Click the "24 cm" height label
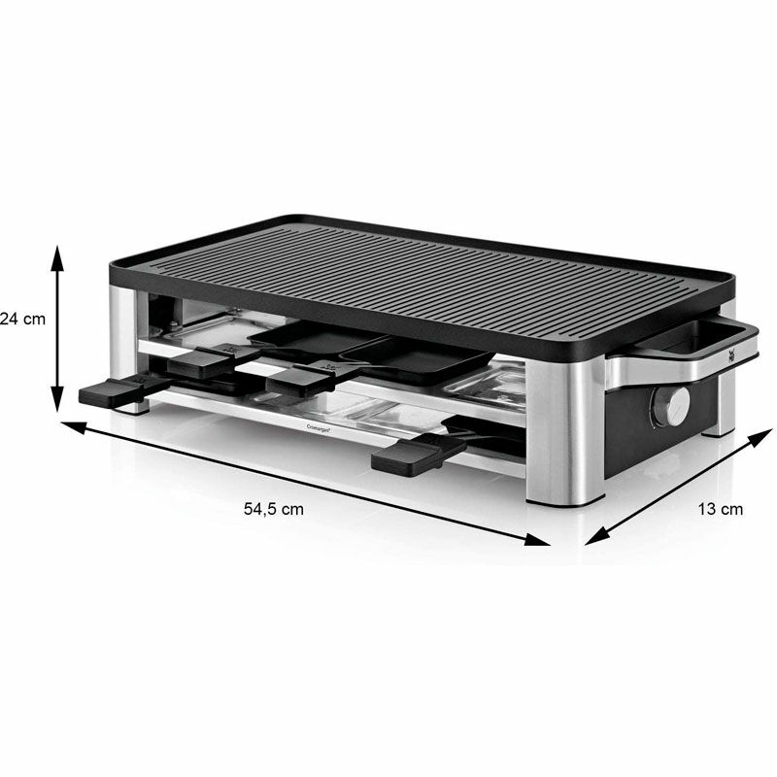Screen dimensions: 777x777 [x=21, y=318]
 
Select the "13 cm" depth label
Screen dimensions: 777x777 [x=720, y=508]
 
